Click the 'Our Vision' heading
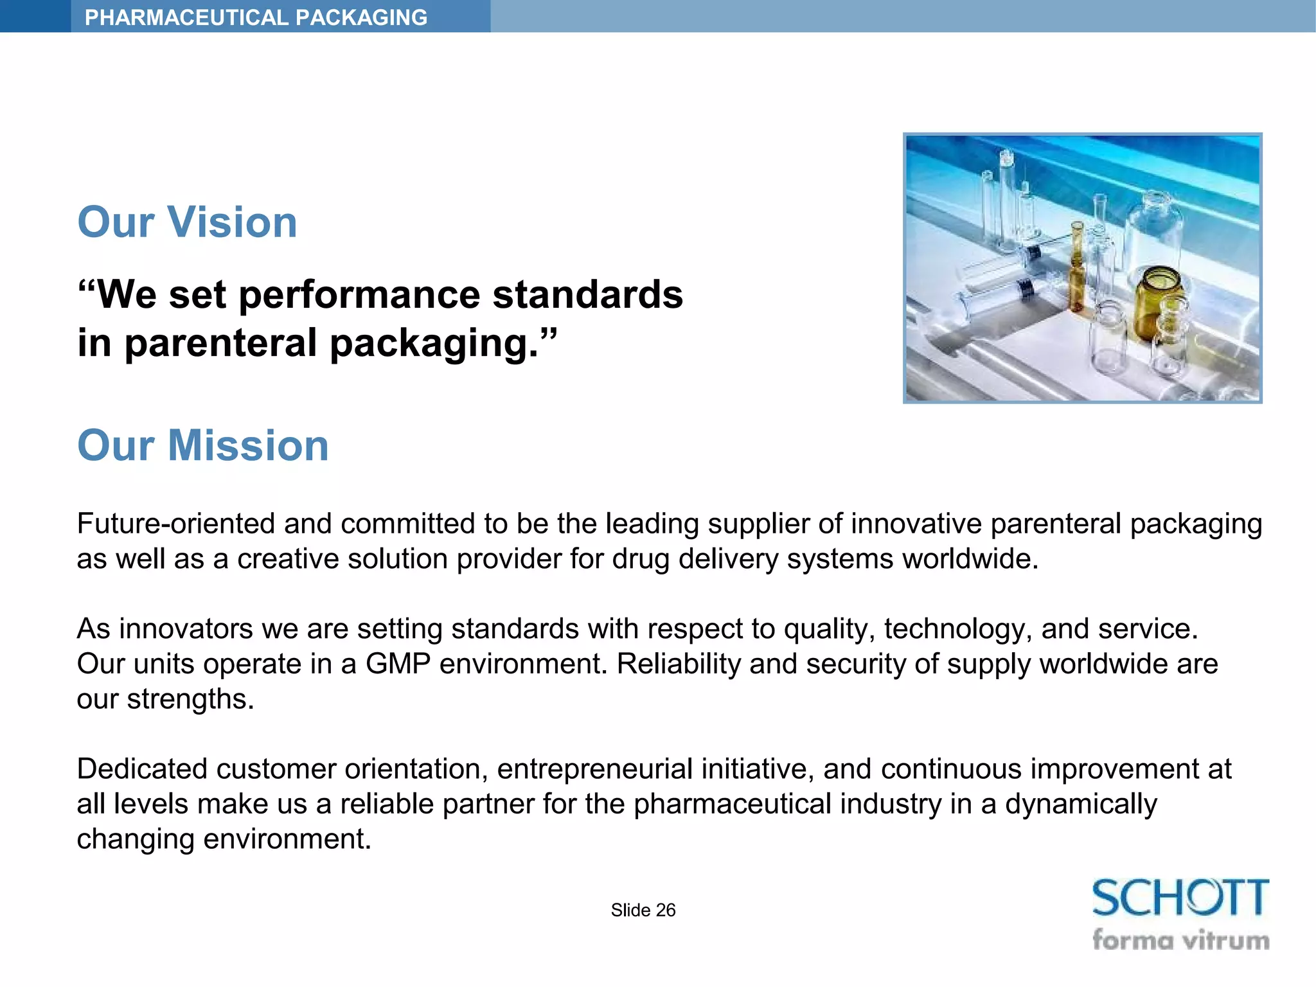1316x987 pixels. (187, 222)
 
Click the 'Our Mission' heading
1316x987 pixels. (203, 445)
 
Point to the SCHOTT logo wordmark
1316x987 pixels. (1180, 898)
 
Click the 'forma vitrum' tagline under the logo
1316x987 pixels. (1180, 940)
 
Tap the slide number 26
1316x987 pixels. (666, 910)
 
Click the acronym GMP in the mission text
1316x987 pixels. (398, 664)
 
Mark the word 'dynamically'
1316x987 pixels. (1081, 805)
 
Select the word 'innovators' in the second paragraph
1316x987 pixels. (186, 629)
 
